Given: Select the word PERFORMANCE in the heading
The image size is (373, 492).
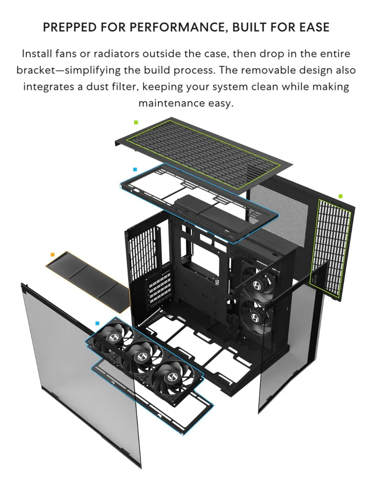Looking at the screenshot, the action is coord(177,27).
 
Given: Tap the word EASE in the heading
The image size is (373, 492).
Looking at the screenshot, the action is coord(314,27).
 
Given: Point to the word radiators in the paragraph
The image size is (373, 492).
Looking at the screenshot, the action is coord(117,54).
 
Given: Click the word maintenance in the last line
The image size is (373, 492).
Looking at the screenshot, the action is coord(172,103).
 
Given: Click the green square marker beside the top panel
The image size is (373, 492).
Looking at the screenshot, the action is coord(136,122).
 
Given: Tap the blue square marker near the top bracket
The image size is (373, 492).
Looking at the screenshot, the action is coord(135,169).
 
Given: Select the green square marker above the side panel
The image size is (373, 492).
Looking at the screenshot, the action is coord(340,196).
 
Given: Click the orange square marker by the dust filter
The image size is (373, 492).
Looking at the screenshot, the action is coord(52,255).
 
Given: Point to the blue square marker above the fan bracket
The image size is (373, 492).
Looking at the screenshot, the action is coord(97,323).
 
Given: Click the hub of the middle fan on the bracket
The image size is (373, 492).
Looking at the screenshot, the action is coord(141,356).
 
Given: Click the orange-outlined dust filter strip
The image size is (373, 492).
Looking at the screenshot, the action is coord(88,282).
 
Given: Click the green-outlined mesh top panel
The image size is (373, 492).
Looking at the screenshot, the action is coord(203,154).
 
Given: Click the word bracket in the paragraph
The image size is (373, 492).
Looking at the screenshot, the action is coord(36,71).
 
